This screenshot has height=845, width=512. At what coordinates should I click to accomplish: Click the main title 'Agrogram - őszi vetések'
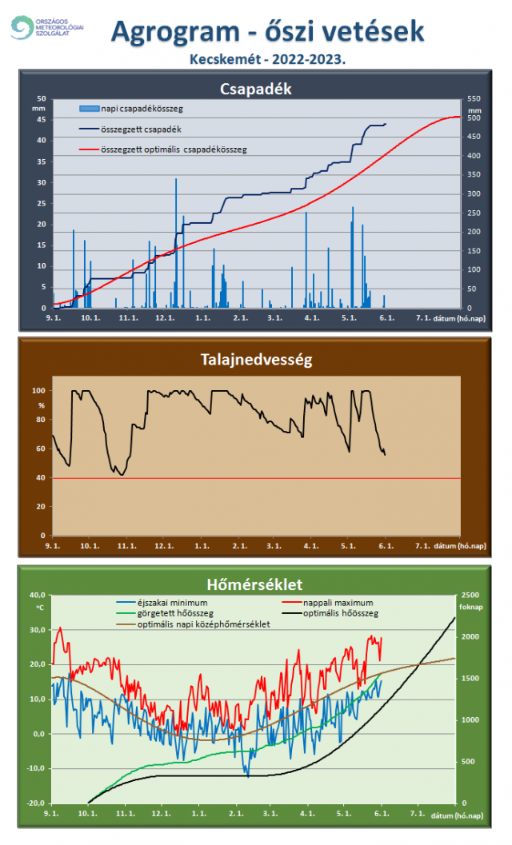(267, 31)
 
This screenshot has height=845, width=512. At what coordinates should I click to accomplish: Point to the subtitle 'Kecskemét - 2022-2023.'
(267, 59)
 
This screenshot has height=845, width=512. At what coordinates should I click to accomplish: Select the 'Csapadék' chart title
(255, 88)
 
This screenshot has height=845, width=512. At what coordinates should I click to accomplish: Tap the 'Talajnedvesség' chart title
(255, 359)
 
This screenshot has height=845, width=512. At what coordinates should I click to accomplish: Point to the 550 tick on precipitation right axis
(474, 99)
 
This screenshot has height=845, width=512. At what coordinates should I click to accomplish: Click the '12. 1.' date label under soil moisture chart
(165, 546)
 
